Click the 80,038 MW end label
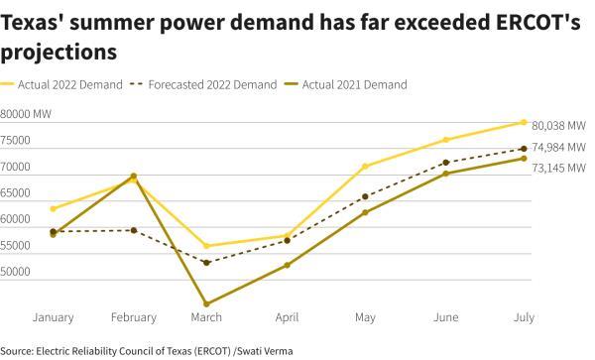(558, 126)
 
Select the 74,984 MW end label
(558, 147)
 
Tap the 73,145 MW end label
(558, 168)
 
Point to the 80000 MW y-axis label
(28, 115)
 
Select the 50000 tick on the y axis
(19, 272)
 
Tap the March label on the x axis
(206, 317)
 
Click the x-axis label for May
(366, 317)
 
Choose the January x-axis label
(53, 317)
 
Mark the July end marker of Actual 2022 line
(524, 122)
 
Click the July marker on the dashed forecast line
(524, 149)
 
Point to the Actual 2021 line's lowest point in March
(206, 303)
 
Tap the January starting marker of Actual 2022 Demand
(53, 208)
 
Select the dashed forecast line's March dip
(206, 263)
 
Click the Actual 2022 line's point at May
(366, 166)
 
